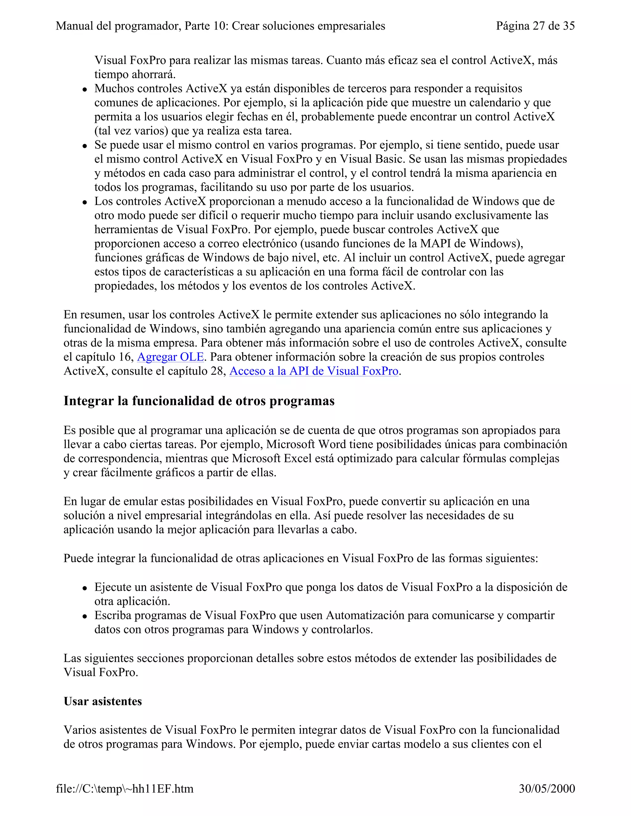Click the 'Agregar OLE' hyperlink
click(170, 357)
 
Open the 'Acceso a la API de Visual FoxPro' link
click(314, 371)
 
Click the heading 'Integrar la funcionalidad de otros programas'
click(199, 401)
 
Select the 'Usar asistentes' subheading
click(103, 701)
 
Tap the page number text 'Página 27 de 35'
click(535, 26)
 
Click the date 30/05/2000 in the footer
click(547, 789)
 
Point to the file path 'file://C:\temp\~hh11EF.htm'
click(124, 789)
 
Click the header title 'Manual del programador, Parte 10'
click(220, 26)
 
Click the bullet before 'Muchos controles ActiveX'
click(85, 90)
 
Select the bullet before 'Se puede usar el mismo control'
click(85, 146)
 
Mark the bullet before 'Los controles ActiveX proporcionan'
click(85, 203)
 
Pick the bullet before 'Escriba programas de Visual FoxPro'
click(85, 616)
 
